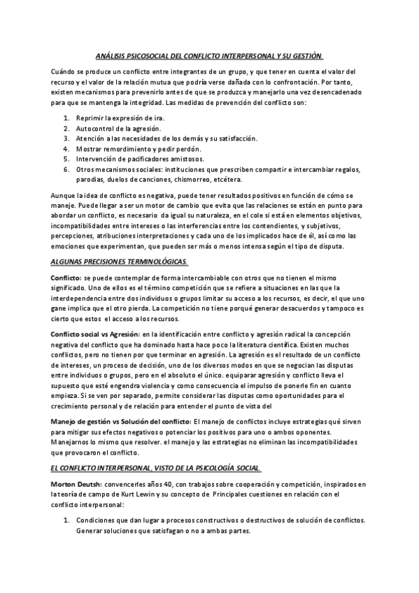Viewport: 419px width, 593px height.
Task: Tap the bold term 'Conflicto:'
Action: click(x=66, y=278)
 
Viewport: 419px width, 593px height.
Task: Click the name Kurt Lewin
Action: click(x=138, y=494)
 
